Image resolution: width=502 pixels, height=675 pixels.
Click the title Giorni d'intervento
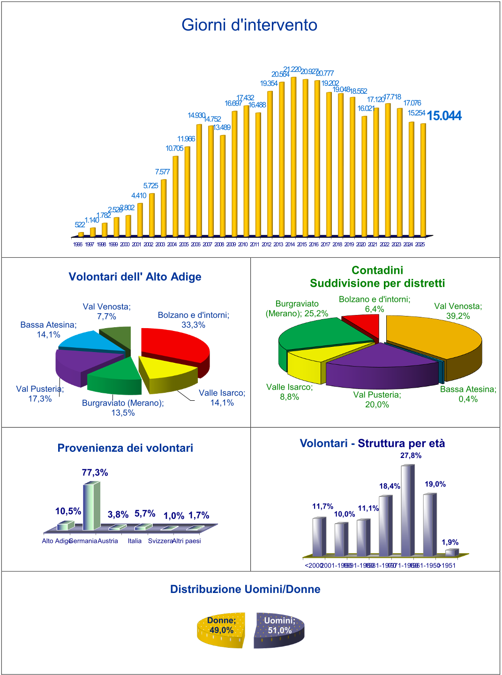coord(249,25)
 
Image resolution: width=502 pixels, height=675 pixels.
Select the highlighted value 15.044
coord(444,116)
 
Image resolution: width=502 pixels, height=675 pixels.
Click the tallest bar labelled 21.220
coord(293,157)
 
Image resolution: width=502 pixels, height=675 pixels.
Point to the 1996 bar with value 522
coord(81,234)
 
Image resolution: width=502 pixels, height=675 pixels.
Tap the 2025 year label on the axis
coord(420,244)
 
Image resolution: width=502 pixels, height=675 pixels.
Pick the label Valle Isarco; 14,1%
coord(222,397)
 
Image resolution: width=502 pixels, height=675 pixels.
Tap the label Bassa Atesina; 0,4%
coord(468,394)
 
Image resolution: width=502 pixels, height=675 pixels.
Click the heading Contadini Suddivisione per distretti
coord(377,277)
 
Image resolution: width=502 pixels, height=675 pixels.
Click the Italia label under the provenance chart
coord(135,541)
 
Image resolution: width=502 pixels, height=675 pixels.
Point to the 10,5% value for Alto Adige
coord(68,511)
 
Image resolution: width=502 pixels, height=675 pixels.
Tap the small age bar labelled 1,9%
coord(450,553)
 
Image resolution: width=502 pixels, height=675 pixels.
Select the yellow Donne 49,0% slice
coord(221,630)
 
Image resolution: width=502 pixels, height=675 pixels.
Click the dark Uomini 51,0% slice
coord(280,630)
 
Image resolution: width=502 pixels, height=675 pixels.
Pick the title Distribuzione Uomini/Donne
coord(245,589)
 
